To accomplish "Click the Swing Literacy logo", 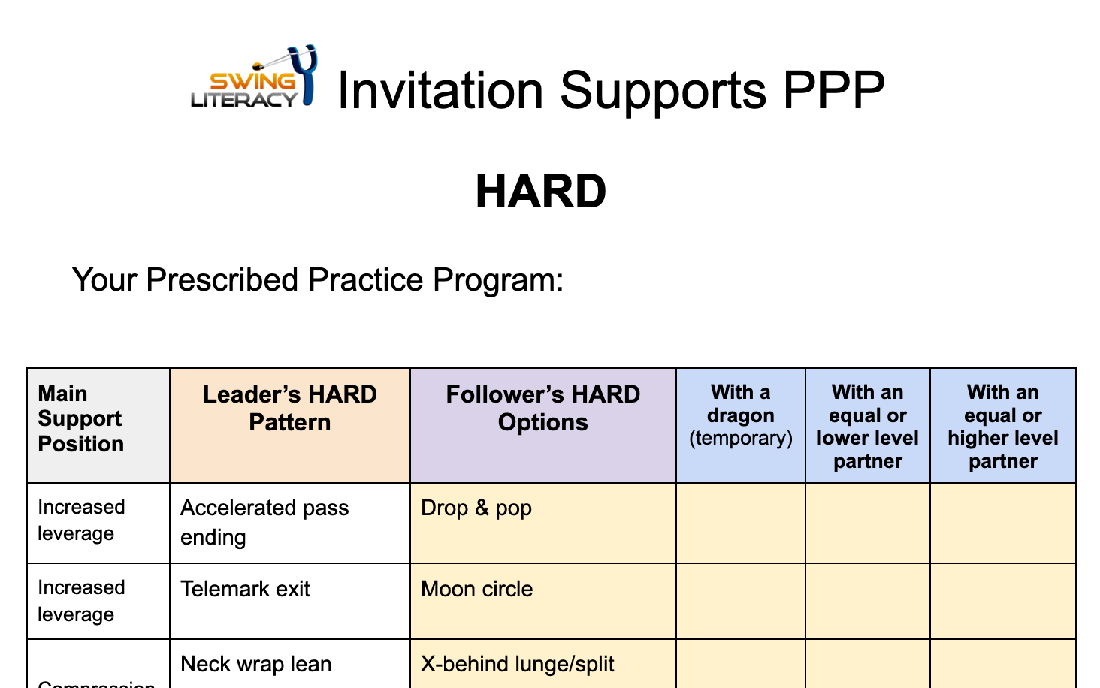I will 254,78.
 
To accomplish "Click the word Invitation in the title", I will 440,91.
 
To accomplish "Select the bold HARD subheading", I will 540,192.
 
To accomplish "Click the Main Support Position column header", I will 81,419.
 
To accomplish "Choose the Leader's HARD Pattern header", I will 290,409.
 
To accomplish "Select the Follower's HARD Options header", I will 542,409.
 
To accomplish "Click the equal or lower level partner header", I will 867,427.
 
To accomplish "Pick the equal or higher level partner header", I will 1002,427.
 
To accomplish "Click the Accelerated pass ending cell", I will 264,522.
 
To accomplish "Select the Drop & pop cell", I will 476,508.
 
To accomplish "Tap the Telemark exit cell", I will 245,589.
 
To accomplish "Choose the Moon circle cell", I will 476,589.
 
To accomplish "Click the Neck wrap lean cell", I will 256,664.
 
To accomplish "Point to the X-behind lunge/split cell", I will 517,664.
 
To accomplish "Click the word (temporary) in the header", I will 740,439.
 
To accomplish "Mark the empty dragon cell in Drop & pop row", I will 740,523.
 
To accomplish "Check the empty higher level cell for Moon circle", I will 1002,601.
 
